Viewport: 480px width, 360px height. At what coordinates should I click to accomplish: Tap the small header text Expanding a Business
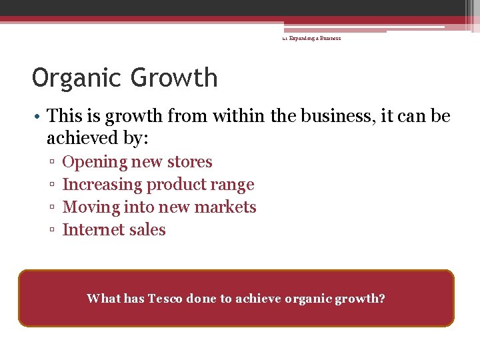click(314, 39)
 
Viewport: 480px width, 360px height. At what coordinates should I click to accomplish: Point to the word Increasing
click(102, 185)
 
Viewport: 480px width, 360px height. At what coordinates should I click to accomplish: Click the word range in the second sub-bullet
click(231, 185)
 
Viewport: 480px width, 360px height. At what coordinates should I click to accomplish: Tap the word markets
click(228, 207)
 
